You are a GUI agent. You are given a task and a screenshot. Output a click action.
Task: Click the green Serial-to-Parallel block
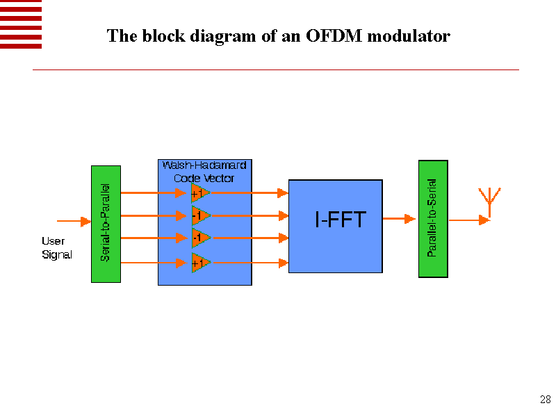click(106, 224)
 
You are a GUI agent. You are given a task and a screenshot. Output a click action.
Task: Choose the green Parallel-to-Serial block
click(433, 218)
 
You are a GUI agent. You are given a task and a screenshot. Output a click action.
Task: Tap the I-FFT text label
click(339, 222)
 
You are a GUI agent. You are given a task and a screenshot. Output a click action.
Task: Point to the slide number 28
click(545, 400)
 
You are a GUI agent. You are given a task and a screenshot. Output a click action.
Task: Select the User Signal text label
click(56, 248)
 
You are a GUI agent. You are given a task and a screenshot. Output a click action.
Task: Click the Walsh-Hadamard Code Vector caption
click(204, 172)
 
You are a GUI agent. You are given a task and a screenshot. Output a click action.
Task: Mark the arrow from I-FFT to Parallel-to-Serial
click(400, 219)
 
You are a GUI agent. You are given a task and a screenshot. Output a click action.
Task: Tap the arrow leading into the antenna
click(469, 220)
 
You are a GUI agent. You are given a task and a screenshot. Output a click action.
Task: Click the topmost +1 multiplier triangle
click(199, 193)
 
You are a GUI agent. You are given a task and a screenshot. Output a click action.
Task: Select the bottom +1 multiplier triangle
click(199, 263)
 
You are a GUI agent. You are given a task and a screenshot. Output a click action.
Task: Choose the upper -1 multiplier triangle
click(199, 215)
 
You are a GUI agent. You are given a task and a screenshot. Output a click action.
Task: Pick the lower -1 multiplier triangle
click(199, 238)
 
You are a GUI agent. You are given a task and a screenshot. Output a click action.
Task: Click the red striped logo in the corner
click(21, 24)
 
